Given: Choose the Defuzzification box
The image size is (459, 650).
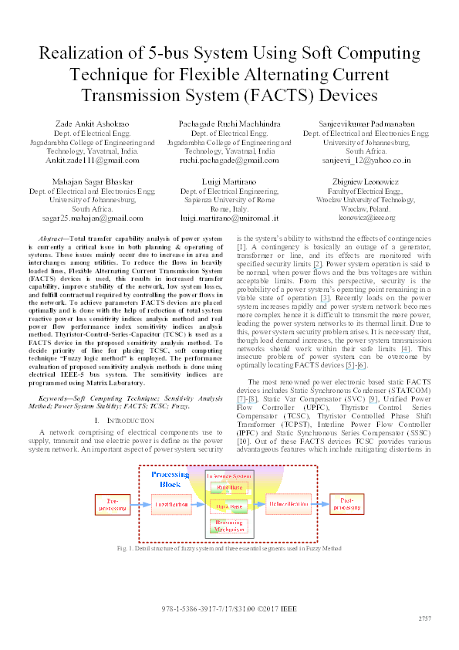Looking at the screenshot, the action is coord(290,505).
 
